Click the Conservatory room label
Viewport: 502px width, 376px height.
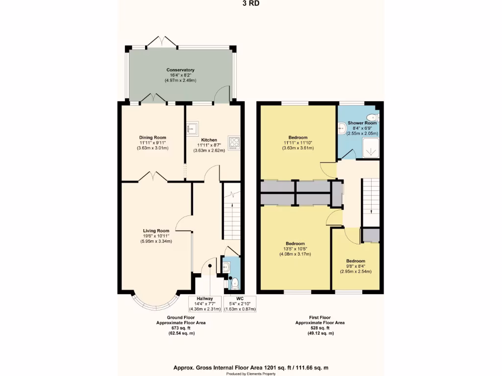[180, 70]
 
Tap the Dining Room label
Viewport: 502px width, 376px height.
[153, 138]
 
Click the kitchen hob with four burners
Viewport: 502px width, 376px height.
[234, 142]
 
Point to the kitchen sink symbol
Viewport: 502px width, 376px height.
[192, 128]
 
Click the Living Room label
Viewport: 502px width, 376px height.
[156, 231]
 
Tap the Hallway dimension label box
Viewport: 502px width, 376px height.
[205, 304]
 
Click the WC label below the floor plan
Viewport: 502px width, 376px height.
[240, 298]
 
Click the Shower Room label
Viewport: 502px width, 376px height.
[362, 123]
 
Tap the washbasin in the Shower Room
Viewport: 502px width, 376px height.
[342, 128]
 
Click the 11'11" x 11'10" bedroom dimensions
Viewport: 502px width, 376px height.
[298, 142]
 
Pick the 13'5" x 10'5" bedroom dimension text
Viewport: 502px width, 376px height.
[295, 249]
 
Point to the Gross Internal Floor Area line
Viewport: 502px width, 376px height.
[251, 367]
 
